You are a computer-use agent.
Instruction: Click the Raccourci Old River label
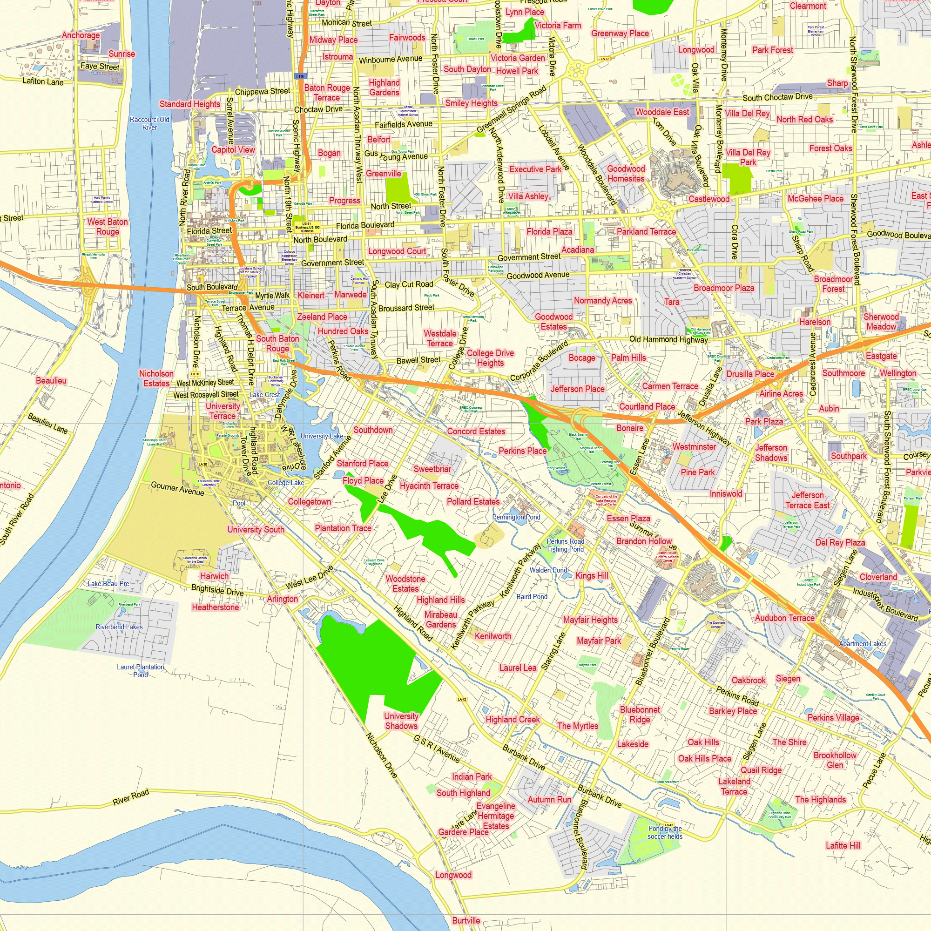[x=149, y=123]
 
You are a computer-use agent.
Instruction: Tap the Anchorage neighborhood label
[x=81, y=35]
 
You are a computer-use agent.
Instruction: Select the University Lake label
[x=322, y=436]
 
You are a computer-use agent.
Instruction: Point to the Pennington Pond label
[x=516, y=517]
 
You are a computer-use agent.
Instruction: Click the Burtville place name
[x=466, y=920]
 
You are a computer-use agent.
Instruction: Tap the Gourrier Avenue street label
[x=177, y=488]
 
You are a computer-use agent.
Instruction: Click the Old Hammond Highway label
[x=668, y=339]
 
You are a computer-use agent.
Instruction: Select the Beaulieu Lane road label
[x=47, y=423]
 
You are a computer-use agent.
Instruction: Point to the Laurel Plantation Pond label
[x=140, y=671]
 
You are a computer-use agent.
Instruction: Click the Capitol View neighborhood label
[x=233, y=149]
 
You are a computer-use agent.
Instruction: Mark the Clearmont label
[x=808, y=6]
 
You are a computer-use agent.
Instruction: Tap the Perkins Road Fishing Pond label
[x=565, y=545]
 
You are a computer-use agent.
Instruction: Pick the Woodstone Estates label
[x=405, y=584]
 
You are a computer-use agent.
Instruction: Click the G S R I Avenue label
[x=437, y=749]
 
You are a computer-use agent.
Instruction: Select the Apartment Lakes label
[x=863, y=644]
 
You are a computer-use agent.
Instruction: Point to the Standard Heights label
[x=190, y=104]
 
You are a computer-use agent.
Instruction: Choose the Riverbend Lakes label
[x=119, y=627]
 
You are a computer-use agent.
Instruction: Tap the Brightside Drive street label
[x=217, y=590]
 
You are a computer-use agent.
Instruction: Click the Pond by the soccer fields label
[x=665, y=832]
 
